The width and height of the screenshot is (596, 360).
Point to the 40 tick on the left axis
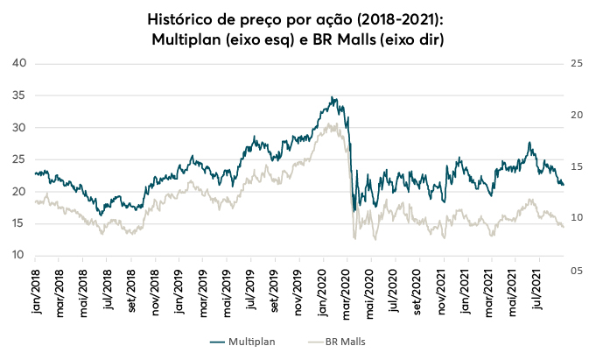20,63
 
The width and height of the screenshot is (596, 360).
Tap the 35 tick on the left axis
20,95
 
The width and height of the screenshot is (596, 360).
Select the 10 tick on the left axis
20,256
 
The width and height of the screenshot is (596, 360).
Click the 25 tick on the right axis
575,63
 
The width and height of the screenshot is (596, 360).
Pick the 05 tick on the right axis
575,272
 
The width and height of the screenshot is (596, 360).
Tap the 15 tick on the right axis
575,166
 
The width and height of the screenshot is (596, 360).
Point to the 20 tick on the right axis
575,115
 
